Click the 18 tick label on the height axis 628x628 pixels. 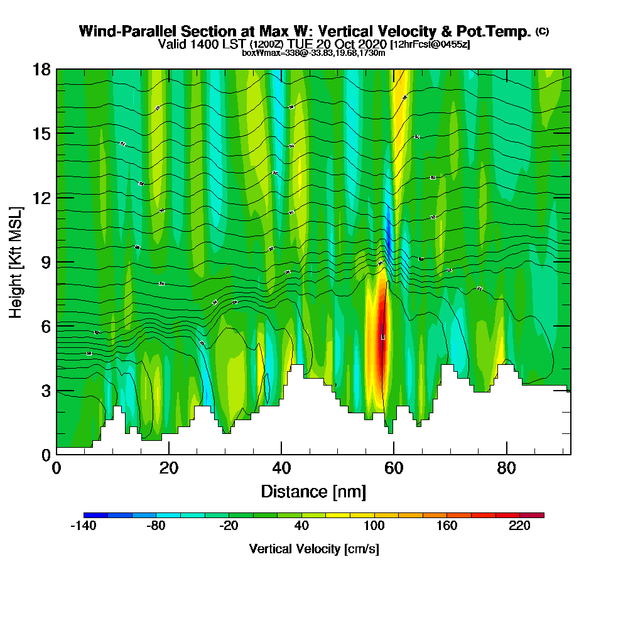42,69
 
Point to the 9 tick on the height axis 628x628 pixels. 57,262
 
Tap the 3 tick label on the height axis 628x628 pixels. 46,391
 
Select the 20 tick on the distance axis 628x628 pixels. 169,454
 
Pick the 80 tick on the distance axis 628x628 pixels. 506,454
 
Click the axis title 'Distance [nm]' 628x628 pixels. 313,491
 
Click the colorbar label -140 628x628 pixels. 83,526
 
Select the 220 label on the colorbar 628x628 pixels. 520,526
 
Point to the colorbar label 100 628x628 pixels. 374,526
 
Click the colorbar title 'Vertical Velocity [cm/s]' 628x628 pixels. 313,549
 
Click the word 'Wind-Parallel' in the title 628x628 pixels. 118,31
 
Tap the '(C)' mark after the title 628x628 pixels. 542,31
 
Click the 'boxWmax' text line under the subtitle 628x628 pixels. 313,53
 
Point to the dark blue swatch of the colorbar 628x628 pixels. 95,515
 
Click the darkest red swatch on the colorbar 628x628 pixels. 532,515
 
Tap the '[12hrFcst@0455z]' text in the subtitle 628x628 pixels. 430,45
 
